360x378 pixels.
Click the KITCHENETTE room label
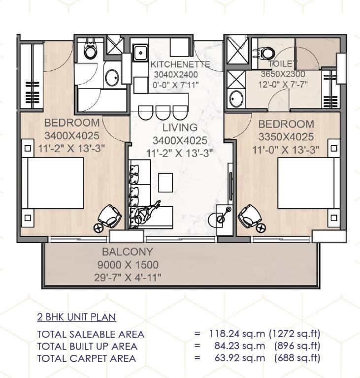(180, 64)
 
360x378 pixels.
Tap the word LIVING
(180, 127)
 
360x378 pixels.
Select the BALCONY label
(128, 252)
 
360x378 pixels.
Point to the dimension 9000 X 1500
(128, 265)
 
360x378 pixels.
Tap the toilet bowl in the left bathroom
(90, 50)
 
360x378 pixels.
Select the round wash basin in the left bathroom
(112, 78)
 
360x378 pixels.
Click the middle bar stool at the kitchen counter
(163, 113)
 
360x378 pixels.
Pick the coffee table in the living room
(165, 183)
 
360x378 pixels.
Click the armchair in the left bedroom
(110, 216)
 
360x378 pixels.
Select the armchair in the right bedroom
(250, 216)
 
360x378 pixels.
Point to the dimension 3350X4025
(286, 137)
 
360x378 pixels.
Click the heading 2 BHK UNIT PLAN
(76, 317)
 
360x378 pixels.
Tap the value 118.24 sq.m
(237, 334)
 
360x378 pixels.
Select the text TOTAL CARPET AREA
(87, 358)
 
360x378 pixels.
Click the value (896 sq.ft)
(297, 346)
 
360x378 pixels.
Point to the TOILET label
(282, 63)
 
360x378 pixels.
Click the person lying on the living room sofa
(146, 212)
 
